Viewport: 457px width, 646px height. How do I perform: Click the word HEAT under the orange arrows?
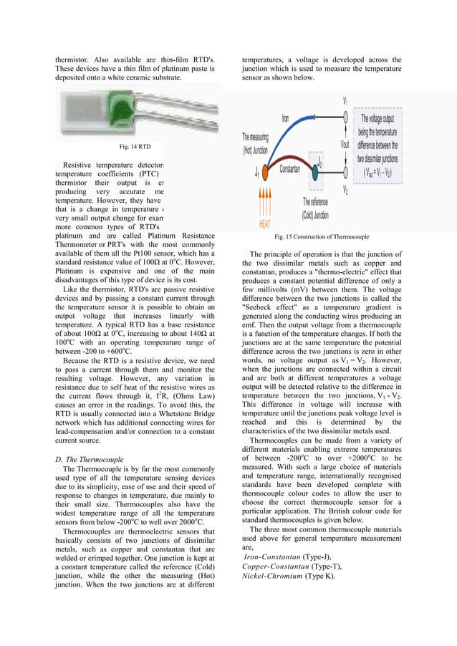[x=264, y=222]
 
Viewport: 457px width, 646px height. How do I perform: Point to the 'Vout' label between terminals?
[x=345, y=143]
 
